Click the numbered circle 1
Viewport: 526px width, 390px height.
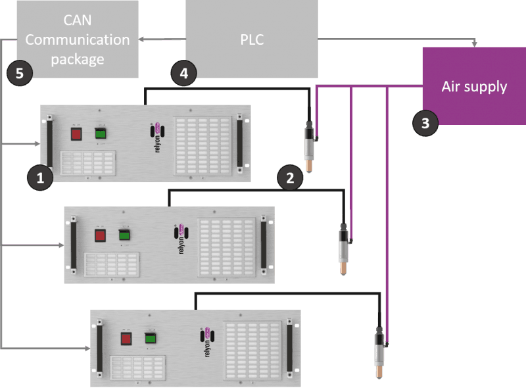(x=39, y=178)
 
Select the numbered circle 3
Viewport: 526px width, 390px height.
(x=425, y=122)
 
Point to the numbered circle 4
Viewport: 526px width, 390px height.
(x=183, y=74)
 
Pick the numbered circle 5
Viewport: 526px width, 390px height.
(x=19, y=73)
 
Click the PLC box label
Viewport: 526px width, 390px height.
(x=252, y=39)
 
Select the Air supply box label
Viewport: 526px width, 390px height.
(x=474, y=86)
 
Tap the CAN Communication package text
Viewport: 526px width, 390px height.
(x=78, y=39)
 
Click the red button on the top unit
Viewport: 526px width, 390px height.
(x=76, y=134)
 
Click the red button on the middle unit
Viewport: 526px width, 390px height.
(x=100, y=235)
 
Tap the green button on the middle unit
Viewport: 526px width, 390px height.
(x=124, y=234)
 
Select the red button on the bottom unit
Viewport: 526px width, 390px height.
(x=126, y=339)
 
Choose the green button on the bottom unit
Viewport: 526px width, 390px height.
(x=150, y=338)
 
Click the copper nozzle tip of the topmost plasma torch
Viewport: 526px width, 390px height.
(x=307, y=165)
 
